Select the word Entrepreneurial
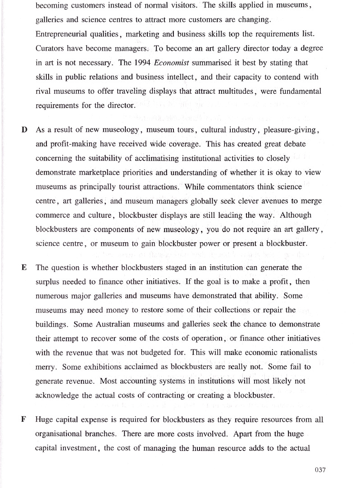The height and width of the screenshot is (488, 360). [59, 35]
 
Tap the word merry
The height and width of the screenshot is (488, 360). [46, 367]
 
